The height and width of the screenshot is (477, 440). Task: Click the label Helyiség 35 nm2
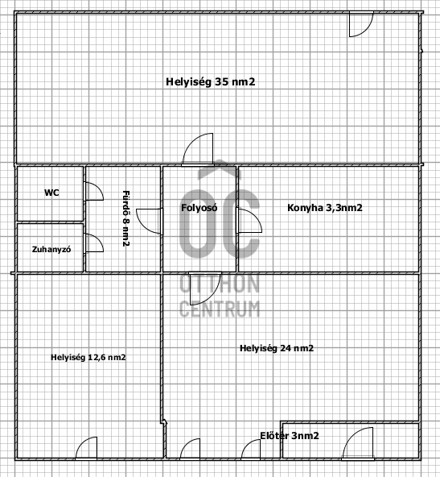coord(211,82)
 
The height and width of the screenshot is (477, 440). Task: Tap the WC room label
coord(51,193)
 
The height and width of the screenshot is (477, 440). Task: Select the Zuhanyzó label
coord(51,250)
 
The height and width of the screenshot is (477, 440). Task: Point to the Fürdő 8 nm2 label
coord(126,218)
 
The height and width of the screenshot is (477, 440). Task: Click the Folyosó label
coord(199,208)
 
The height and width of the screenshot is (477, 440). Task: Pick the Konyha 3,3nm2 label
coord(325,208)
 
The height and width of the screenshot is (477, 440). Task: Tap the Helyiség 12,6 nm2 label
coord(88,357)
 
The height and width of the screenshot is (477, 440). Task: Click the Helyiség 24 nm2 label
coord(277,348)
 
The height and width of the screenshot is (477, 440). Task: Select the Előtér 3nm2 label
coord(290,436)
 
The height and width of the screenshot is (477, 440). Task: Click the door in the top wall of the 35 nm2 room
coord(368,28)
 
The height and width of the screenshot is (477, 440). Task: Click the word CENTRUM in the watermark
coord(220,309)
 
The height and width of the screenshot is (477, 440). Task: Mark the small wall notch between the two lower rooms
coord(164,422)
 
